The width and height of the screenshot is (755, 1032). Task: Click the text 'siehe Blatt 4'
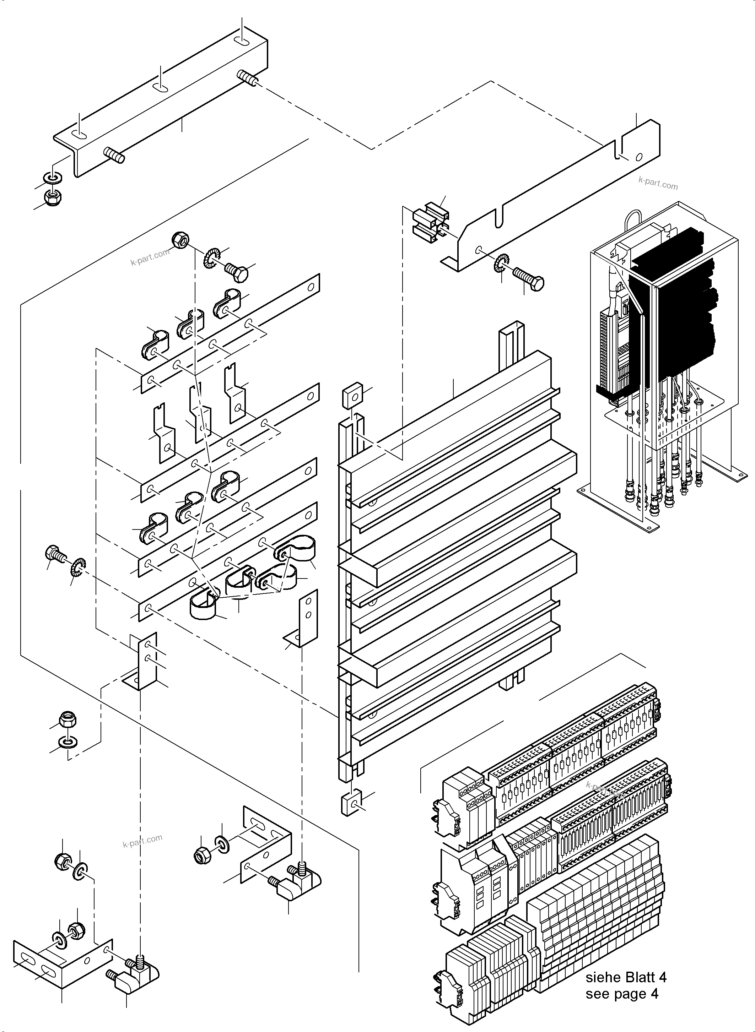[626, 977]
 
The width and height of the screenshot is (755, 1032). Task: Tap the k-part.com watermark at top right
[658, 183]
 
